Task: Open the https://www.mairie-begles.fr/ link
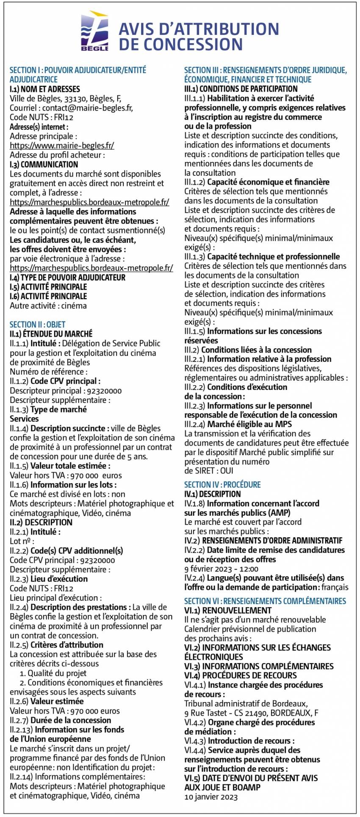62,145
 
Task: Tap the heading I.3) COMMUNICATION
44,164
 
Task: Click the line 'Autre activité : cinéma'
48,306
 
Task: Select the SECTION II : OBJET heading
38,325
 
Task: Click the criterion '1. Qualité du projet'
53,673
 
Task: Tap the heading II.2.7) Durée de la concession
60,720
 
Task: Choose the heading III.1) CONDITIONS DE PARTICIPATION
241,89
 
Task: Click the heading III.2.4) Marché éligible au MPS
238,424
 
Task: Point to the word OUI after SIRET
227,471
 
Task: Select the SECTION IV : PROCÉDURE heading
222,485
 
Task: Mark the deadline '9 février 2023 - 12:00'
221,569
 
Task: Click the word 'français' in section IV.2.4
335,587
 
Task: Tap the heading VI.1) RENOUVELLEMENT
228,610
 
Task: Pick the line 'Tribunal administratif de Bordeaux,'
246,703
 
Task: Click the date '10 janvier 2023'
211,797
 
